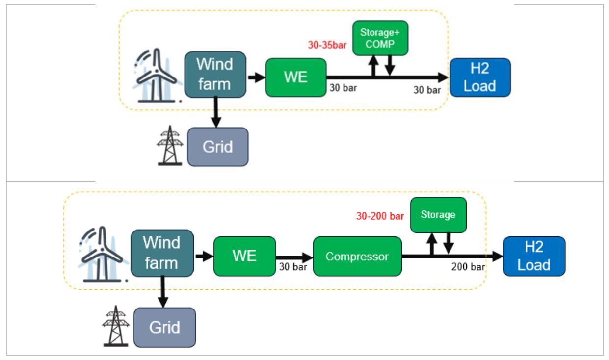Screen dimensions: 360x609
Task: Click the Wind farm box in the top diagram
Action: pyautogui.click(x=215, y=75)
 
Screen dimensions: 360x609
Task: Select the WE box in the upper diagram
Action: pyautogui.click(x=295, y=77)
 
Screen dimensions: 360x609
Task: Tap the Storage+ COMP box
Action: pyautogui.click(x=380, y=38)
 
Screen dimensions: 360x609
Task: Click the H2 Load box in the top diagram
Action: pyautogui.click(x=480, y=77)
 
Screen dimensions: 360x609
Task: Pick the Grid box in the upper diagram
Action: pyautogui.click(x=218, y=147)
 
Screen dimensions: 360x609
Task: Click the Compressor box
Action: pyautogui.click(x=357, y=256)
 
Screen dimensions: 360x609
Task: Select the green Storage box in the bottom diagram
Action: pyautogui.click(x=438, y=215)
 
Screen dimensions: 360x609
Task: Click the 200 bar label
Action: pyautogui.click(x=468, y=267)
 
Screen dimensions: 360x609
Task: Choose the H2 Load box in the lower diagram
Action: pyautogui.click(x=534, y=256)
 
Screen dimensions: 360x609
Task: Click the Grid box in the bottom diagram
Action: pyautogui.click(x=164, y=327)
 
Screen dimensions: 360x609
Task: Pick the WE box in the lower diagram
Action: pyautogui.click(x=244, y=256)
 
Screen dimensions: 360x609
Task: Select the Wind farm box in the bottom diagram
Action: pyautogui.click(x=162, y=253)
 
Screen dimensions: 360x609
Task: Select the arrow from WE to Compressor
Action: pyautogui.click(x=294, y=256)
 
